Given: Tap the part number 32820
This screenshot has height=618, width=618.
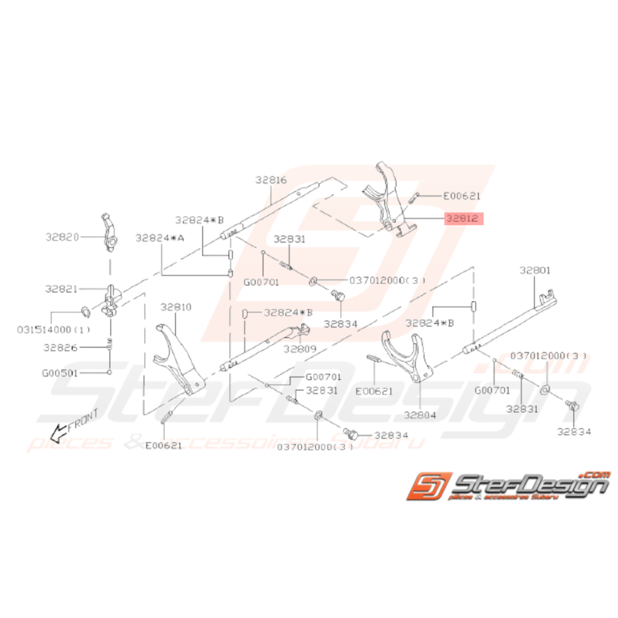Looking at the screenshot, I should (x=62, y=236).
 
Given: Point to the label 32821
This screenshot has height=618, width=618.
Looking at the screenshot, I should (x=62, y=289).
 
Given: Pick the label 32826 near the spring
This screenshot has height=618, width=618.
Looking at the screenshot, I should (x=61, y=347).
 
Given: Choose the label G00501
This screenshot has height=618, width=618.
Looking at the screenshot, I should (x=61, y=373).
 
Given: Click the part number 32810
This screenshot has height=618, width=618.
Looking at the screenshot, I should (x=176, y=307).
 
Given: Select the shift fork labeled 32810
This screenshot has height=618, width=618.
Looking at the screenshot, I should (x=177, y=362).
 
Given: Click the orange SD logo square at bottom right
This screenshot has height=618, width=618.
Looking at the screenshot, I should (x=428, y=489).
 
